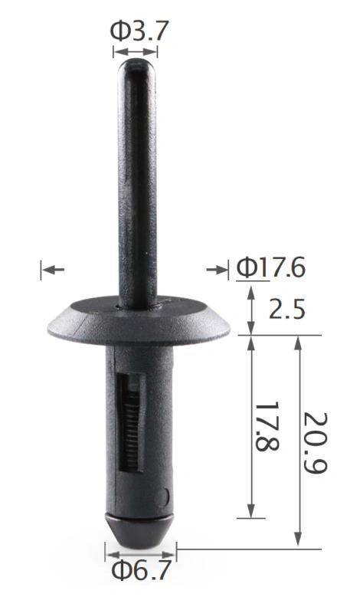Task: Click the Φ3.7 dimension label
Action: pos(139,31)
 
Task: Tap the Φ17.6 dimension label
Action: pos(270,268)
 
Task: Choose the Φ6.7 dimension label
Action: pos(141,572)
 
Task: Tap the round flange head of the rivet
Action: pos(138,322)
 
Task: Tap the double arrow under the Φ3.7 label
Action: pos(136,51)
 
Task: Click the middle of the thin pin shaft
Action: pos(138,184)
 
